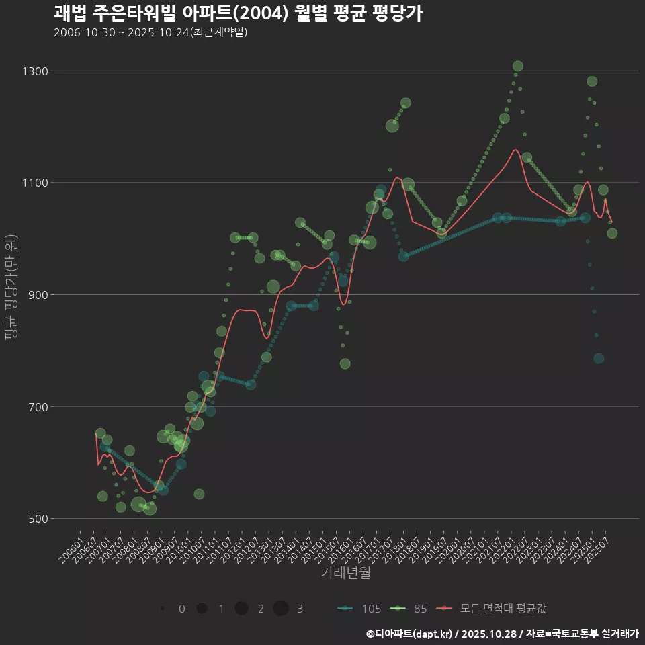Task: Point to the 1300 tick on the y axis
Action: coord(32,71)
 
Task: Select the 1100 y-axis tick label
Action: coord(32,183)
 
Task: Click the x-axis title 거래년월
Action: coord(345,572)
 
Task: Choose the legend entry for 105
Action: coord(359,609)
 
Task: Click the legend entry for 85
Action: coord(410,609)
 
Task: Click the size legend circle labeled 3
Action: coord(281,609)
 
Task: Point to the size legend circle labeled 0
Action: coord(163,609)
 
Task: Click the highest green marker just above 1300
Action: coord(518,66)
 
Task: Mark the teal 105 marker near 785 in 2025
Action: coord(599,359)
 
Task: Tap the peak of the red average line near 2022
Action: coord(515,150)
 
